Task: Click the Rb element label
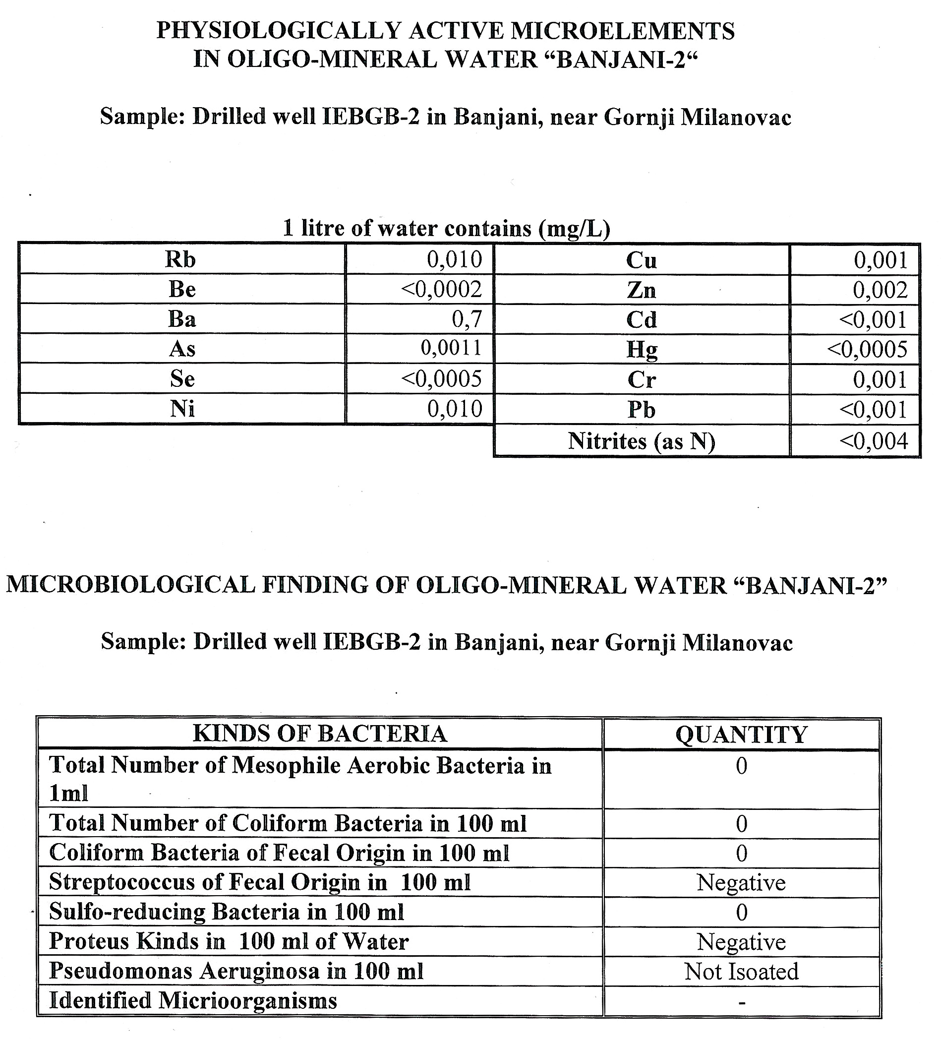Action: pos(180,259)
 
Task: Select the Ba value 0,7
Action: pos(467,319)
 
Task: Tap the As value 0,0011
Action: pos(451,348)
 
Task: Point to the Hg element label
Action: pos(642,350)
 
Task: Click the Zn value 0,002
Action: pos(880,290)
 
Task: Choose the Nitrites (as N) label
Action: pos(641,441)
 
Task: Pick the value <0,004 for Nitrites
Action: pos(873,441)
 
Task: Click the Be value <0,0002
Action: pos(442,289)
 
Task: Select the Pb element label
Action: pos(642,410)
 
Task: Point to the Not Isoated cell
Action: pos(741,971)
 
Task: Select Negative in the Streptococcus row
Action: pos(741,882)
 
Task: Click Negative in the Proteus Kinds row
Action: pos(741,942)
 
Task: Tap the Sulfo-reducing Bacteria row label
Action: pos(227,912)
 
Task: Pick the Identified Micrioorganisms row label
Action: pos(193,1000)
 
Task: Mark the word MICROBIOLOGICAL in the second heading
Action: pos(130,585)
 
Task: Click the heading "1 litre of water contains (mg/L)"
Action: pos(446,228)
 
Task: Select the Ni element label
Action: pos(182,409)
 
